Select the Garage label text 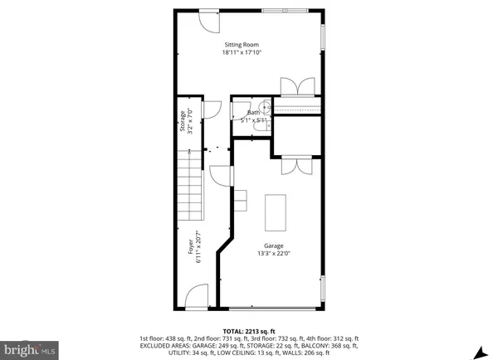pos(274,246)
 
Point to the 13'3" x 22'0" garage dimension pos(274,254)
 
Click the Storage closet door pos(210,108)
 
